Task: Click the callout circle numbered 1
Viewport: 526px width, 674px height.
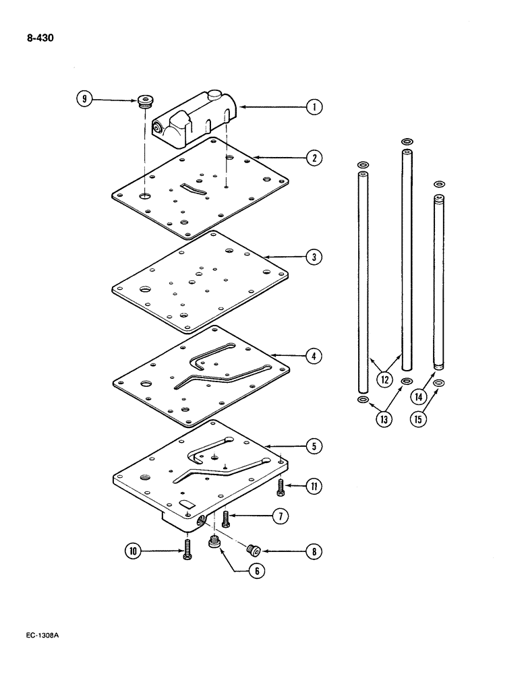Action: [313, 106]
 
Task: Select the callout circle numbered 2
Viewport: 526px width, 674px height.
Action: [313, 158]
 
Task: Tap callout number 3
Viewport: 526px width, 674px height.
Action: [313, 257]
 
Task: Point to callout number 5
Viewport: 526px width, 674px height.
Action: [313, 446]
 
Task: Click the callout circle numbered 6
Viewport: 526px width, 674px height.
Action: [256, 570]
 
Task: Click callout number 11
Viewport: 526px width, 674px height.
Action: [313, 485]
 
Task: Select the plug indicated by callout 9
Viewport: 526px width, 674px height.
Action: [144, 102]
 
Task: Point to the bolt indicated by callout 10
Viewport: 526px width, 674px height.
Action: [186, 550]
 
